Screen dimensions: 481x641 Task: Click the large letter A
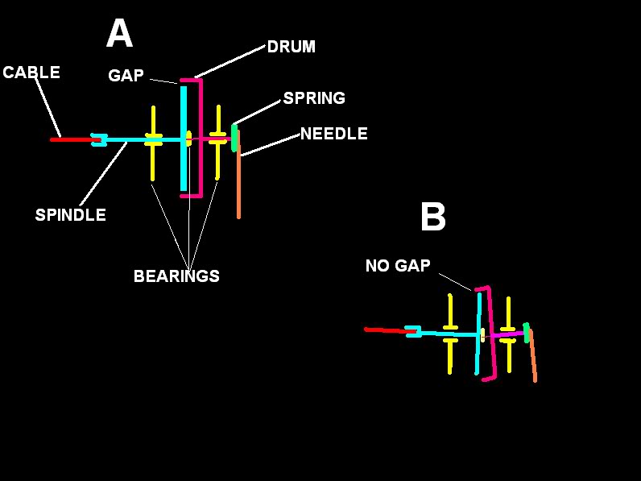tap(119, 35)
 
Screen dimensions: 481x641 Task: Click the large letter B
tap(432, 218)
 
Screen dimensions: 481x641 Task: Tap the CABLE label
tap(31, 73)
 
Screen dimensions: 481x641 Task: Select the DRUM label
tap(291, 47)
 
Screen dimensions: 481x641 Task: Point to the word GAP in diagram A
tap(126, 76)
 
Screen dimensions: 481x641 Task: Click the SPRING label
tap(314, 98)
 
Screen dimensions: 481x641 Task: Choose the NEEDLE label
tap(333, 134)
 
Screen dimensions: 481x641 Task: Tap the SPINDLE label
tap(70, 215)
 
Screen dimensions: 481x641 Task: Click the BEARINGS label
tap(176, 276)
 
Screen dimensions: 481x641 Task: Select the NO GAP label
tap(398, 266)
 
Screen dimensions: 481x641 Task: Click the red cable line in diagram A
tap(72, 139)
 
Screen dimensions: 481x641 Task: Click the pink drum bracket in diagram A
tap(200, 137)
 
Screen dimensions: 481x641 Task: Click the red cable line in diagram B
tap(385, 330)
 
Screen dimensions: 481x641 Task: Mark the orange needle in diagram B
tap(532, 359)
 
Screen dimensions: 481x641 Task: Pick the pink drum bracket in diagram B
tap(491, 338)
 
